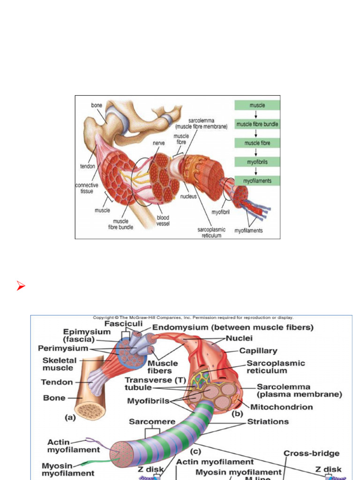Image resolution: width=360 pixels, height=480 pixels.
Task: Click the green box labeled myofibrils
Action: coord(257,162)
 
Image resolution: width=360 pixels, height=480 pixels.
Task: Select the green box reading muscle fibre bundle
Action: coord(257,124)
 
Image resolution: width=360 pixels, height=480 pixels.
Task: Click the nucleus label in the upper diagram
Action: coord(188,196)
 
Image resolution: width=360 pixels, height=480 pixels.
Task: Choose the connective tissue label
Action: coord(87,188)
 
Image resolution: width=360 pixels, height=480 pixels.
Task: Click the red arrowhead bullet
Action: coord(20,286)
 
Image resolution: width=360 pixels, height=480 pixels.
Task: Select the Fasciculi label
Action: coord(123,324)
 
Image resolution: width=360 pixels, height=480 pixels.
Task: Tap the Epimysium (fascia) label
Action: coord(80,335)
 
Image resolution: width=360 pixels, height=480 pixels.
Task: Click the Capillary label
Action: coord(258,350)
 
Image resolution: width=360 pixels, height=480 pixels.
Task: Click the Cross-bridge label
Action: coord(311,453)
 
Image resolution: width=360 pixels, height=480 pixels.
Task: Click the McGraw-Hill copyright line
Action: coord(193,317)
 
